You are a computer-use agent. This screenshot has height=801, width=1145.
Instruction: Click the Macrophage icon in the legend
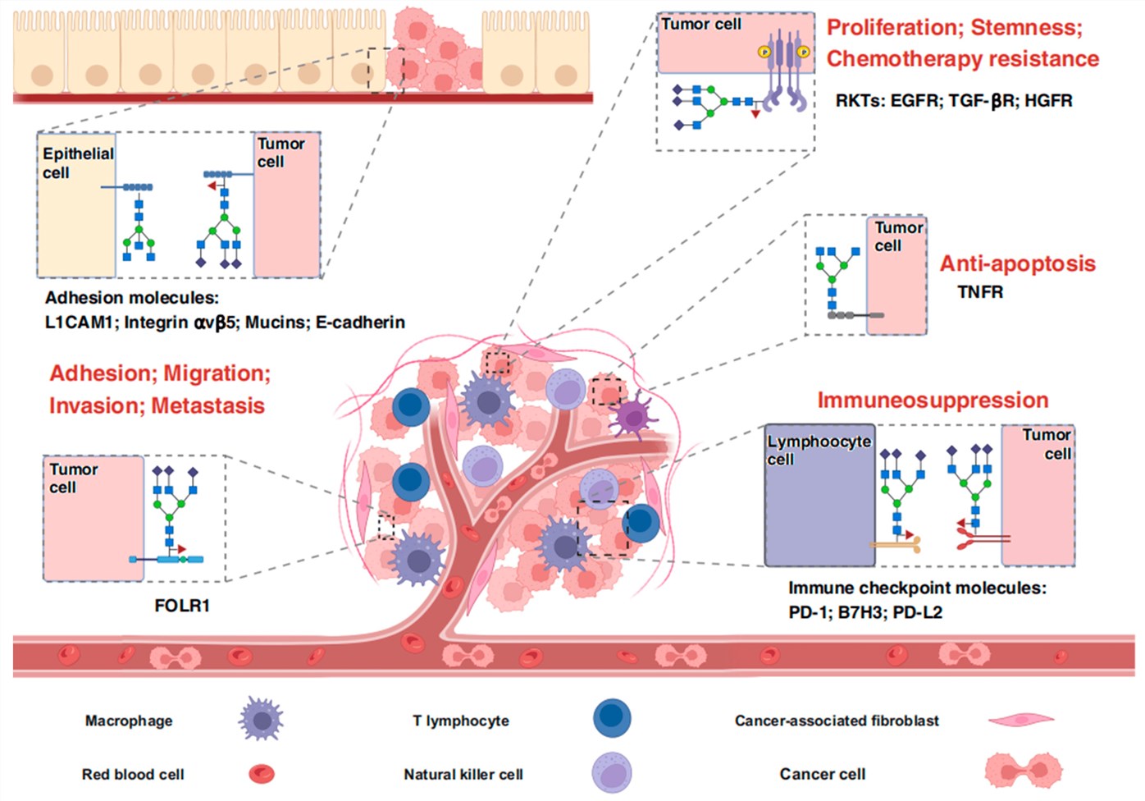pos(262,720)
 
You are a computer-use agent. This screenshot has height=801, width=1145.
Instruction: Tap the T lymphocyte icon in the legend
pos(612,718)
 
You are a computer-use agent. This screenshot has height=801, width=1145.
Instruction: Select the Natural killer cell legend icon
pos(612,773)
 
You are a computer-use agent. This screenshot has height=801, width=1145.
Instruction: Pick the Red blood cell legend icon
pos(262,773)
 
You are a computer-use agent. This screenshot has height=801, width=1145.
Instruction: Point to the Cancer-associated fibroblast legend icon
pos(1021,720)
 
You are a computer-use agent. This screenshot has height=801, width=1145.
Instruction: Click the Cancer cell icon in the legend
pos(1023,771)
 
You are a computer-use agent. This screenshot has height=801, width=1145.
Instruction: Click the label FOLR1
pos(182,606)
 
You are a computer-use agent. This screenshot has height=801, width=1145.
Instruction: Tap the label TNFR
pos(980,292)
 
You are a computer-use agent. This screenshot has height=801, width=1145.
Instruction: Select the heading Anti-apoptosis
pos(1017,263)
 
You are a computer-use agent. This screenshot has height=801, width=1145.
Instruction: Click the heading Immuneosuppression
pos(933,400)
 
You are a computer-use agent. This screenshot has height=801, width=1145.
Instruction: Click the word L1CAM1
pos(78,323)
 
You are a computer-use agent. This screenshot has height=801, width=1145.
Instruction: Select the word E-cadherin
pos(360,323)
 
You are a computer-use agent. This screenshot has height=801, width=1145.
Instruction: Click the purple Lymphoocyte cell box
pos(819,509)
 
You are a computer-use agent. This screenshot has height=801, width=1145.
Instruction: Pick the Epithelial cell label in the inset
pos(77,162)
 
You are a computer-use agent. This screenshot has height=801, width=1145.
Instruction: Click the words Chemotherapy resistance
pos(962,59)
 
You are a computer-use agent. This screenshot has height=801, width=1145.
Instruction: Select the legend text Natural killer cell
pos(463,774)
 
